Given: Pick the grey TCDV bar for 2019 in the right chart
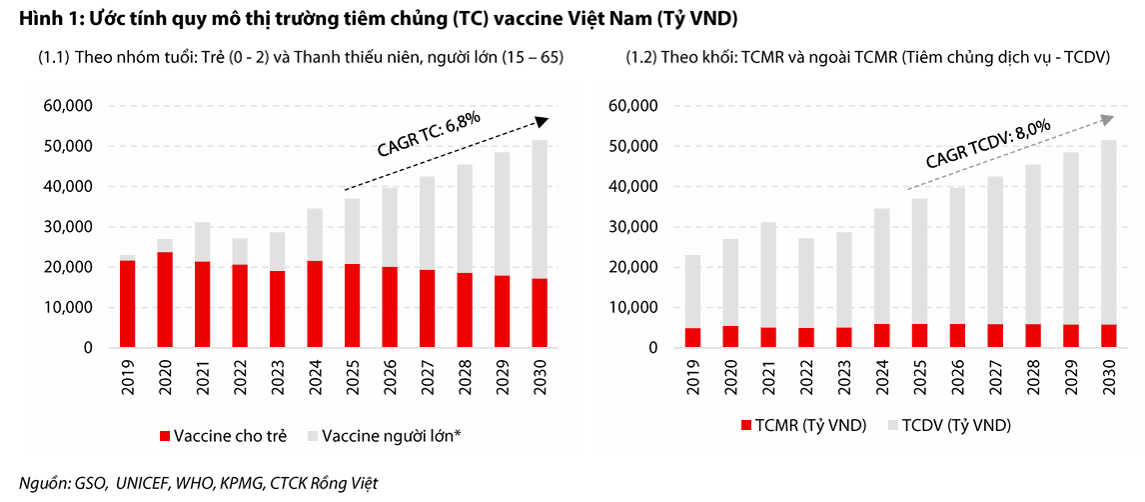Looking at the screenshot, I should coord(693,291).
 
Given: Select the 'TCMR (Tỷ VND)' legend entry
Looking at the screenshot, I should coord(805,425).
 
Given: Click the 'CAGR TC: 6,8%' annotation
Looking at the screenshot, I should coord(429,135).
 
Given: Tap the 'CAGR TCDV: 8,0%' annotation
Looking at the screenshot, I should coord(987,144).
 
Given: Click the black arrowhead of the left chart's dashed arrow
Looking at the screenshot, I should coord(542,121).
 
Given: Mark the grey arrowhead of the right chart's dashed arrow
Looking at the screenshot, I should coord(1107,119).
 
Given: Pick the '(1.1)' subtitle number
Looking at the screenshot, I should coord(53,58).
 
